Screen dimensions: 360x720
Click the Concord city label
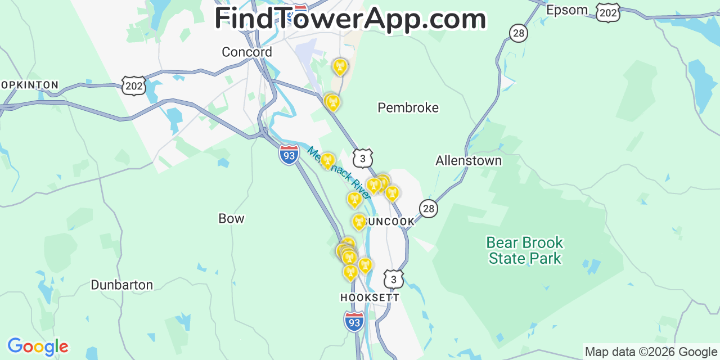(246, 52)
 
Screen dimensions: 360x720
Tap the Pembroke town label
(408, 107)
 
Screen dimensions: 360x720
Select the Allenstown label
(468, 161)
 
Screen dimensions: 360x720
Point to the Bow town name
(231, 218)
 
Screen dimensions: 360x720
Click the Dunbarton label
(121, 285)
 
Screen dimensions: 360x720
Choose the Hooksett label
(370, 298)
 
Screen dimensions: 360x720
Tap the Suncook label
(390, 222)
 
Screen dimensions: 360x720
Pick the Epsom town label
(567, 10)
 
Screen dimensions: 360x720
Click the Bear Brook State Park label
(524, 250)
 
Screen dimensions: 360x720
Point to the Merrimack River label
(339, 173)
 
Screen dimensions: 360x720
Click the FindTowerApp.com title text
(350, 19)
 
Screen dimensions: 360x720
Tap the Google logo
(37, 346)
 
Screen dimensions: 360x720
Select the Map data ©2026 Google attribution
(651, 352)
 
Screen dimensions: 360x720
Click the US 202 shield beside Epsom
(608, 12)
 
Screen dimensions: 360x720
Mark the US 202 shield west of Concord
(133, 86)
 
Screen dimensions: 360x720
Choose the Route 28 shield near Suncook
(429, 209)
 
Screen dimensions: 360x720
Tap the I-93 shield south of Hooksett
(354, 321)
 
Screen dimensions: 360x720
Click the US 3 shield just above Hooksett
(393, 278)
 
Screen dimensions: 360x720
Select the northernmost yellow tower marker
(339, 67)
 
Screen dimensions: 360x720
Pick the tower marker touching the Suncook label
(359, 222)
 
